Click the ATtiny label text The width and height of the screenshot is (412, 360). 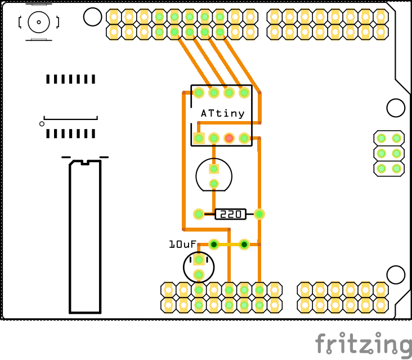[223, 113]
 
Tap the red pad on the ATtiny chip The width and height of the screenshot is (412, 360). [229, 137]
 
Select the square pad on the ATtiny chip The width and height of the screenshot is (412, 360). [199, 137]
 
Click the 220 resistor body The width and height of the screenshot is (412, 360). [231, 214]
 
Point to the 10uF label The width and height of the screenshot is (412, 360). [182, 245]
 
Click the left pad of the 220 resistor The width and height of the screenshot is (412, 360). [199, 214]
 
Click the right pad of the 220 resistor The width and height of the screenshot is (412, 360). [259, 214]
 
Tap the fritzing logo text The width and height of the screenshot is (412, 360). [362, 343]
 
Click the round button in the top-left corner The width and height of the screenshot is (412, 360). [39, 23]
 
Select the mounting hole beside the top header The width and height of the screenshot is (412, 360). [92, 17]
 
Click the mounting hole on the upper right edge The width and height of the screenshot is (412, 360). [396, 108]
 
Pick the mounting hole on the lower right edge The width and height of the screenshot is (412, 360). [396, 274]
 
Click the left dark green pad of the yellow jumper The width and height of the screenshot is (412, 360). [214, 245]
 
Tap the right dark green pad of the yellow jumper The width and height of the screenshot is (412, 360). [244, 245]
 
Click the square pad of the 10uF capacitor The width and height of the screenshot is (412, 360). [199, 260]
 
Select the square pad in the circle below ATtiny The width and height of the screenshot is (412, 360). [214, 168]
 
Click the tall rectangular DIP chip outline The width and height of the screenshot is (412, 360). [85, 237]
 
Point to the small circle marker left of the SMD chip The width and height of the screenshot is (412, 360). [42, 123]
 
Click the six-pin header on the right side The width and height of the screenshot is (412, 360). [389, 153]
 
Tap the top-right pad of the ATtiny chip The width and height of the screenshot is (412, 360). [244, 92]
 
